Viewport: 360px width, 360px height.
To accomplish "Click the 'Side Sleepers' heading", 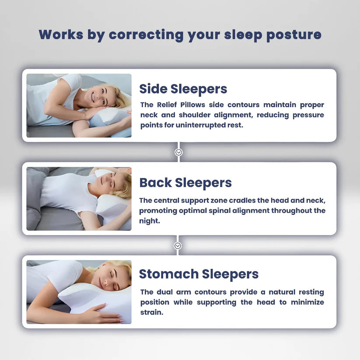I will click(x=183, y=89).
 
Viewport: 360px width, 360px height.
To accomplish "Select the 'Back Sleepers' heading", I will click(x=185, y=182).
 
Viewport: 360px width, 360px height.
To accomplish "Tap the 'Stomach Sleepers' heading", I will click(x=199, y=274).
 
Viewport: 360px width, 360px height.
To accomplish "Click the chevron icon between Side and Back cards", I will click(x=178, y=152).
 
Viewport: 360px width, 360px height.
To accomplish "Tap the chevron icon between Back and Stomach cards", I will click(x=178, y=246).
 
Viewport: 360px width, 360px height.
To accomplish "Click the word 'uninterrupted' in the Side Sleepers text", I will click(x=197, y=125).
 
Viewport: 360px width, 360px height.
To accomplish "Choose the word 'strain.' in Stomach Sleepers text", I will click(x=151, y=312).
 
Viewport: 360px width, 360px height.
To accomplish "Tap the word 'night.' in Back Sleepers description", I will click(x=149, y=221).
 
